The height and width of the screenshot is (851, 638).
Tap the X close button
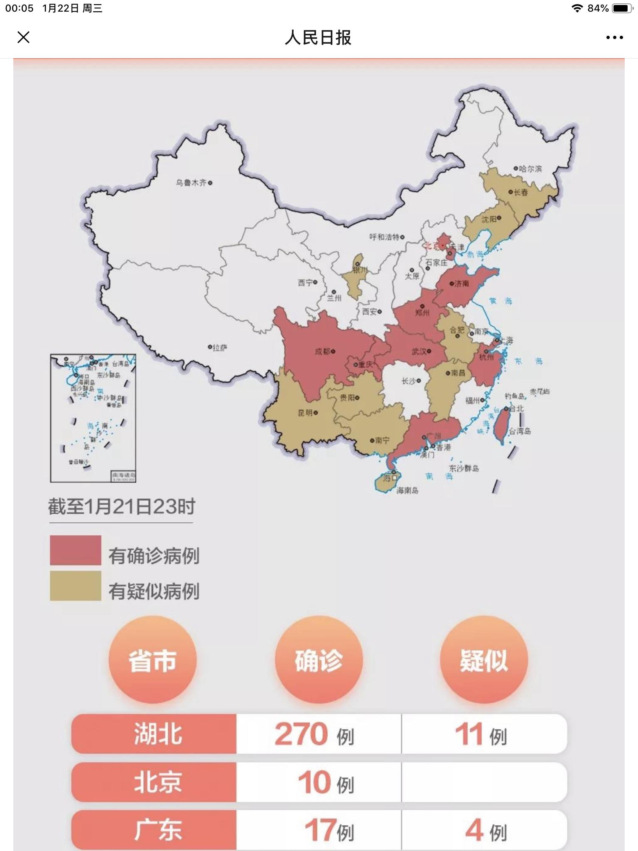click(24, 37)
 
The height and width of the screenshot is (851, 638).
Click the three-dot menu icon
click(614, 37)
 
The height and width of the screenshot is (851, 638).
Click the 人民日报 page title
click(318, 38)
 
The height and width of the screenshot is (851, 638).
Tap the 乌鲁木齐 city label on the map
click(191, 183)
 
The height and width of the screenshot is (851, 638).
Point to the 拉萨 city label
click(220, 348)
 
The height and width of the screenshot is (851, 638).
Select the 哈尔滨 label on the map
click(530, 169)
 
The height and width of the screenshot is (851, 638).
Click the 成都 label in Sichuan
click(322, 352)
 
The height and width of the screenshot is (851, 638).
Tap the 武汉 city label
click(419, 352)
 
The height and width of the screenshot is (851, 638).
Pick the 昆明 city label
click(305, 413)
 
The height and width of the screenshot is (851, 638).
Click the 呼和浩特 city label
click(384, 237)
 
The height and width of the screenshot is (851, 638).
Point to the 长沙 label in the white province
click(408, 381)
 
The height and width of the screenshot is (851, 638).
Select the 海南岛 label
click(407, 491)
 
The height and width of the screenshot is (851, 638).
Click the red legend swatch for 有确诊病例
click(76, 550)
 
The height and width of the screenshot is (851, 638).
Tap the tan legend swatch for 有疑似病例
click(76, 585)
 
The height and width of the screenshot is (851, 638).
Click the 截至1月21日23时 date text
click(121, 507)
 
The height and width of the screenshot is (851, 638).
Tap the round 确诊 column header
click(319, 660)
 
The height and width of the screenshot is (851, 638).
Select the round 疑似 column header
click(483, 660)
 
